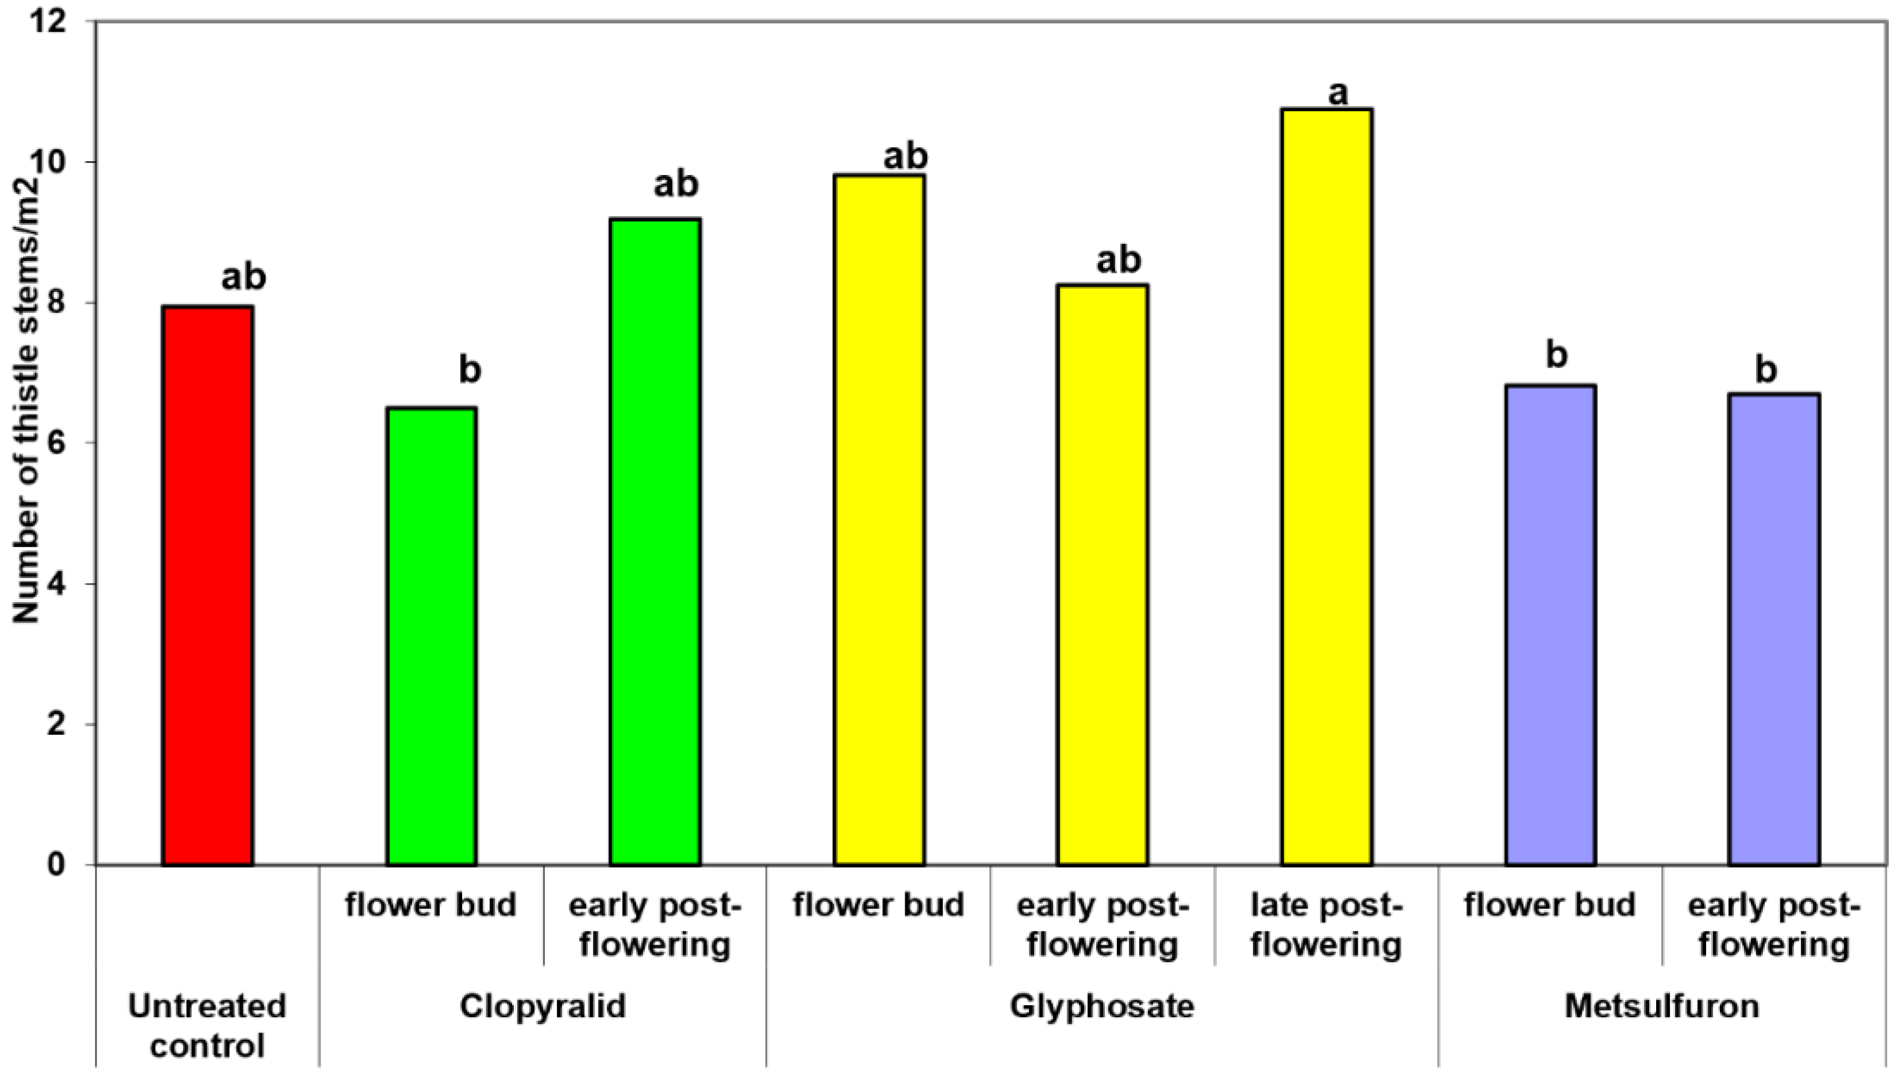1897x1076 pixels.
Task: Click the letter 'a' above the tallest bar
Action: [1338, 94]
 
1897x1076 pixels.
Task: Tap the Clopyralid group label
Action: [542, 1006]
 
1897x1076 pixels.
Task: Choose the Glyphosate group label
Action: [1102, 1006]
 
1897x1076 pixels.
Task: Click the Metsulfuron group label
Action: [1661, 1006]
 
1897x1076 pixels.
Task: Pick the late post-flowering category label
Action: [1326, 924]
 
